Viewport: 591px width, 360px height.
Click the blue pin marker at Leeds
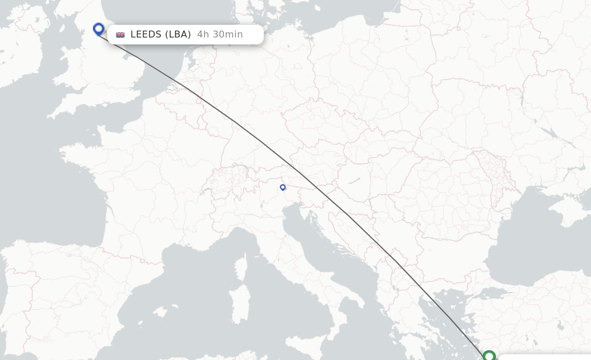[99, 29]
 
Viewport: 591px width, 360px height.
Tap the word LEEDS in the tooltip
[145, 35]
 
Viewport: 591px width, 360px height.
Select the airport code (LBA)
[178, 35]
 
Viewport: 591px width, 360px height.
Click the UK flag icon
[121, 35]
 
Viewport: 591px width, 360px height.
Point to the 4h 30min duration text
[220, 35]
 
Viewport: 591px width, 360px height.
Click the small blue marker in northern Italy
[283, 187]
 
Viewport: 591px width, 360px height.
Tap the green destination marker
[489, 356]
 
